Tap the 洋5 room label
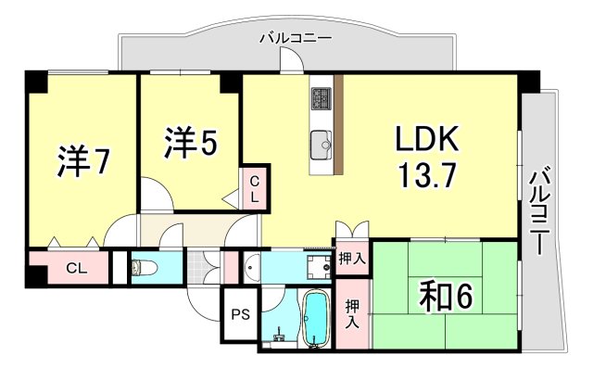coord(192,142)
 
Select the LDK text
coord(427,139)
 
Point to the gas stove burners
coord(322,95)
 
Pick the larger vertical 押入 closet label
coord(352,313)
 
